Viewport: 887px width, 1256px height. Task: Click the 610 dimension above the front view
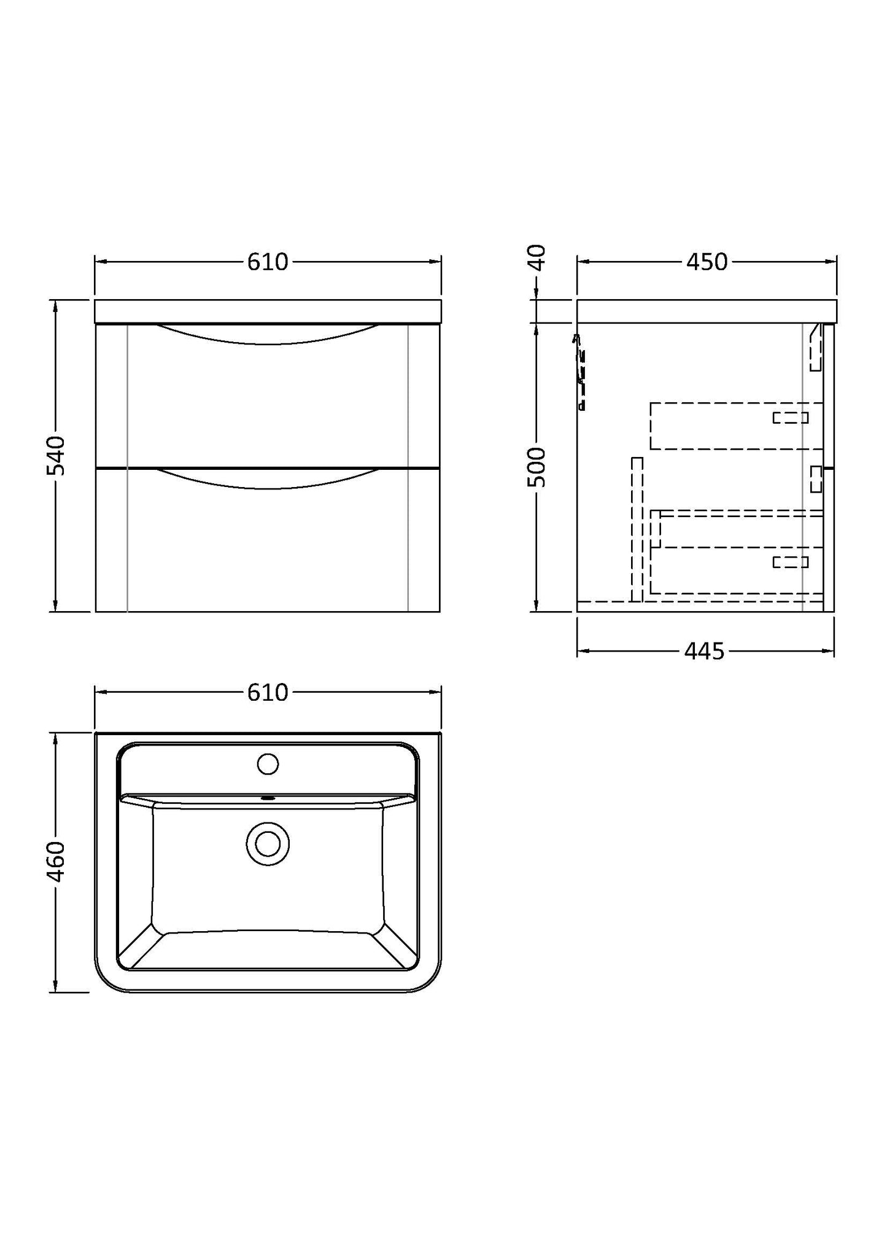268,262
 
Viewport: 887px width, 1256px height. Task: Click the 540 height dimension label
56,456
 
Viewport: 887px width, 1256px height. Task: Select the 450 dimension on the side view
707,262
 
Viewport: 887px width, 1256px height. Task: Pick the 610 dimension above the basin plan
268,693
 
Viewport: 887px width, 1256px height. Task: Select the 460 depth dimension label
56,862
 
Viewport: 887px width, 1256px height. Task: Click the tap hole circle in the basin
268,764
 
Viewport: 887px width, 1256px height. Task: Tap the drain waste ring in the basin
268,844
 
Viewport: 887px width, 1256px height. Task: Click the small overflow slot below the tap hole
268,798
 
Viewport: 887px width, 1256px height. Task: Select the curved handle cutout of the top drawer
268,335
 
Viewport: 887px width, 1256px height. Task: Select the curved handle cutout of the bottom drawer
268,479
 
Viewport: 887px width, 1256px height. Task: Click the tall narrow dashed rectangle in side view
637,529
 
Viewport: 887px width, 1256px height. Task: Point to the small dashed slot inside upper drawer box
790,418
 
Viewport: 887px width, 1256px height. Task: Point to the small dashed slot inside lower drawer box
790,562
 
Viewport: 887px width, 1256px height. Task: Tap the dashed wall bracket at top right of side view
815,349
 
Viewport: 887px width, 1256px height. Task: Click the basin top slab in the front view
268,311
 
